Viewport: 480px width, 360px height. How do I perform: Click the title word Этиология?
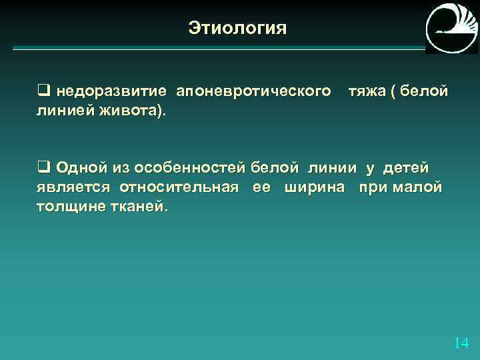(x=237, y=29)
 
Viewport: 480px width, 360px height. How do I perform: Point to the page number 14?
(x=461, y=343)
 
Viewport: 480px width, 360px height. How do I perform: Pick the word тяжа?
(x=367, y=91)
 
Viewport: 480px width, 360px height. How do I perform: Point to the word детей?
(x=405, y=167)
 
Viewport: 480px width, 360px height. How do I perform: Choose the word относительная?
(x=179, y=187)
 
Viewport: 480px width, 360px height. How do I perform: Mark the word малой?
(x=417, y=187)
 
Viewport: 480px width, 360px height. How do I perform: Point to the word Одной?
(x=77, y=167)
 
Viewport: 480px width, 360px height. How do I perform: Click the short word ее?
(x=261, y=187)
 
